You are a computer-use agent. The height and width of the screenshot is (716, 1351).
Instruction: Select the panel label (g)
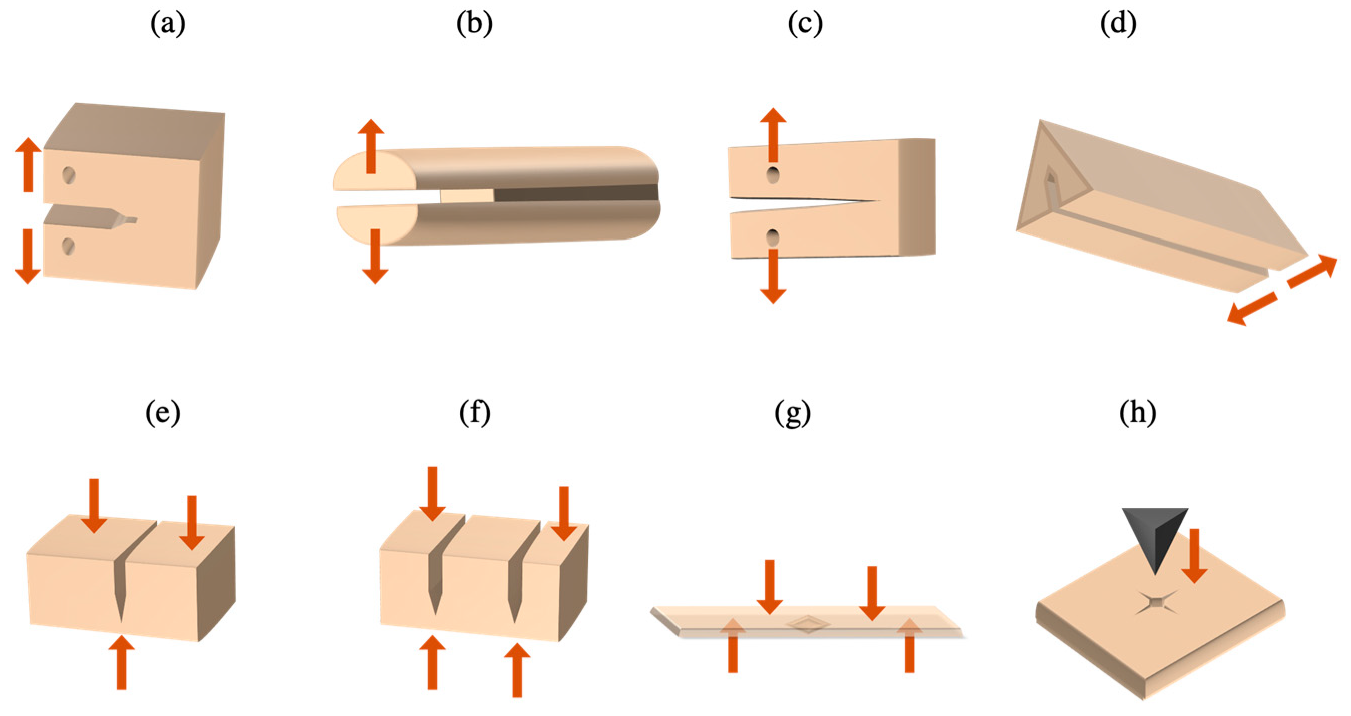[x=792, y=414]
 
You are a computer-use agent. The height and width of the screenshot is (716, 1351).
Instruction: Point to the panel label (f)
[x=475, y=414]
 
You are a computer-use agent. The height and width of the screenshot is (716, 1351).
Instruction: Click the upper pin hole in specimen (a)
[x=68, y=175]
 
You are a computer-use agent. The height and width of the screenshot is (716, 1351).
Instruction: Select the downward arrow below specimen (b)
[x=375, y=256]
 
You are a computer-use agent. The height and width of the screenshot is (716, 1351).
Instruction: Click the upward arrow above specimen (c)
[x=773, y=135]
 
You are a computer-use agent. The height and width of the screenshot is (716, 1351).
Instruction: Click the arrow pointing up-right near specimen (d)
[x=1312, y=271]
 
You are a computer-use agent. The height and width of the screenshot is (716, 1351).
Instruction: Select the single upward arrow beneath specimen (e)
[x=121, y=662]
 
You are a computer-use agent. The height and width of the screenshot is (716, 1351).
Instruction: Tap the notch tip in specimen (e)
[x=121, y=619]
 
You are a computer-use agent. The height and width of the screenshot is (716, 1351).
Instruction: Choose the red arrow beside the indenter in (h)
[x=1195, y=557]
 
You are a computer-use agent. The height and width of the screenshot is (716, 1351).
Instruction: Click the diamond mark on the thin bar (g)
[x=808, y=624]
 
